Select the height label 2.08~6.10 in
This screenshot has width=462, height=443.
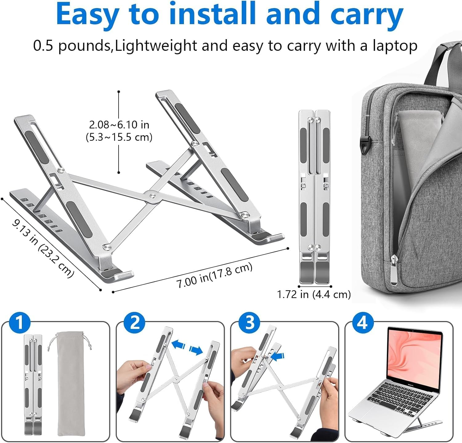[119, 125]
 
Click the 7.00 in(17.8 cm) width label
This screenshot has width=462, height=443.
[214, 275]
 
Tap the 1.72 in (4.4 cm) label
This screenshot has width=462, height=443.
[314, 294]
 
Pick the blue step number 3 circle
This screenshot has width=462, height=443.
[249, 323]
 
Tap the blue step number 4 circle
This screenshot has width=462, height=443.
[363, 323]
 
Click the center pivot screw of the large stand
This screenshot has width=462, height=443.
[151, 195]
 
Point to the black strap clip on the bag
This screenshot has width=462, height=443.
[365, 147]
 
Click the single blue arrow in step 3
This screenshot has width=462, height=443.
[278, 356]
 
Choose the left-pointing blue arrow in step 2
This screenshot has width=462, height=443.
[179, 344]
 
